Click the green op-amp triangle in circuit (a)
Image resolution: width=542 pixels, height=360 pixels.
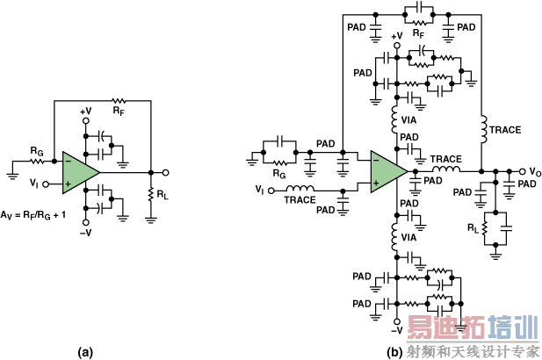78,172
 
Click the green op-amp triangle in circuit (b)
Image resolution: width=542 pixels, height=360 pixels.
386,171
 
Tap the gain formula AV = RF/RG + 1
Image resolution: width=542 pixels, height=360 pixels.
33,215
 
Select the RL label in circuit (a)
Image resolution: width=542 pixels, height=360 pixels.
163,195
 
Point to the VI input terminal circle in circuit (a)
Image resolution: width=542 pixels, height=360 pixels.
46,184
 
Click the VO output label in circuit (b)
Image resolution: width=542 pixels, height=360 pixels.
535,172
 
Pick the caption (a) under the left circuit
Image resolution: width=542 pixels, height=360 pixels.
85,352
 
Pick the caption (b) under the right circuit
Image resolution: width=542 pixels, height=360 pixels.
395,352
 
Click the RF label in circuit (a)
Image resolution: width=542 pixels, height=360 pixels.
119,112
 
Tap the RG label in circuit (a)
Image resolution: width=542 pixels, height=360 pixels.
37,151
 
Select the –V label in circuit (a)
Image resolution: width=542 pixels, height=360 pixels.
85,233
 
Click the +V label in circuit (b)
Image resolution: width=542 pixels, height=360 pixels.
397,36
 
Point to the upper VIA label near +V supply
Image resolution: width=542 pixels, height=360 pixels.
408,120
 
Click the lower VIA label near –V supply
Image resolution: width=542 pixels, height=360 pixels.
408,238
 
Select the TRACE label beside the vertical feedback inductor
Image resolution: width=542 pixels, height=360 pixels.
505,130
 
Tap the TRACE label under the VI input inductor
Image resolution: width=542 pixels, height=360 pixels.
300,200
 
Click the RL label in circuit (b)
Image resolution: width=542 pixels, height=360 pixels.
473,228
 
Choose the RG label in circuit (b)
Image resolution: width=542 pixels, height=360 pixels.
279,174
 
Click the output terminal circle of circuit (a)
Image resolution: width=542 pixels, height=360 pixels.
165,172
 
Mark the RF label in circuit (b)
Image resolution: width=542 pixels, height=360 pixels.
419,33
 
